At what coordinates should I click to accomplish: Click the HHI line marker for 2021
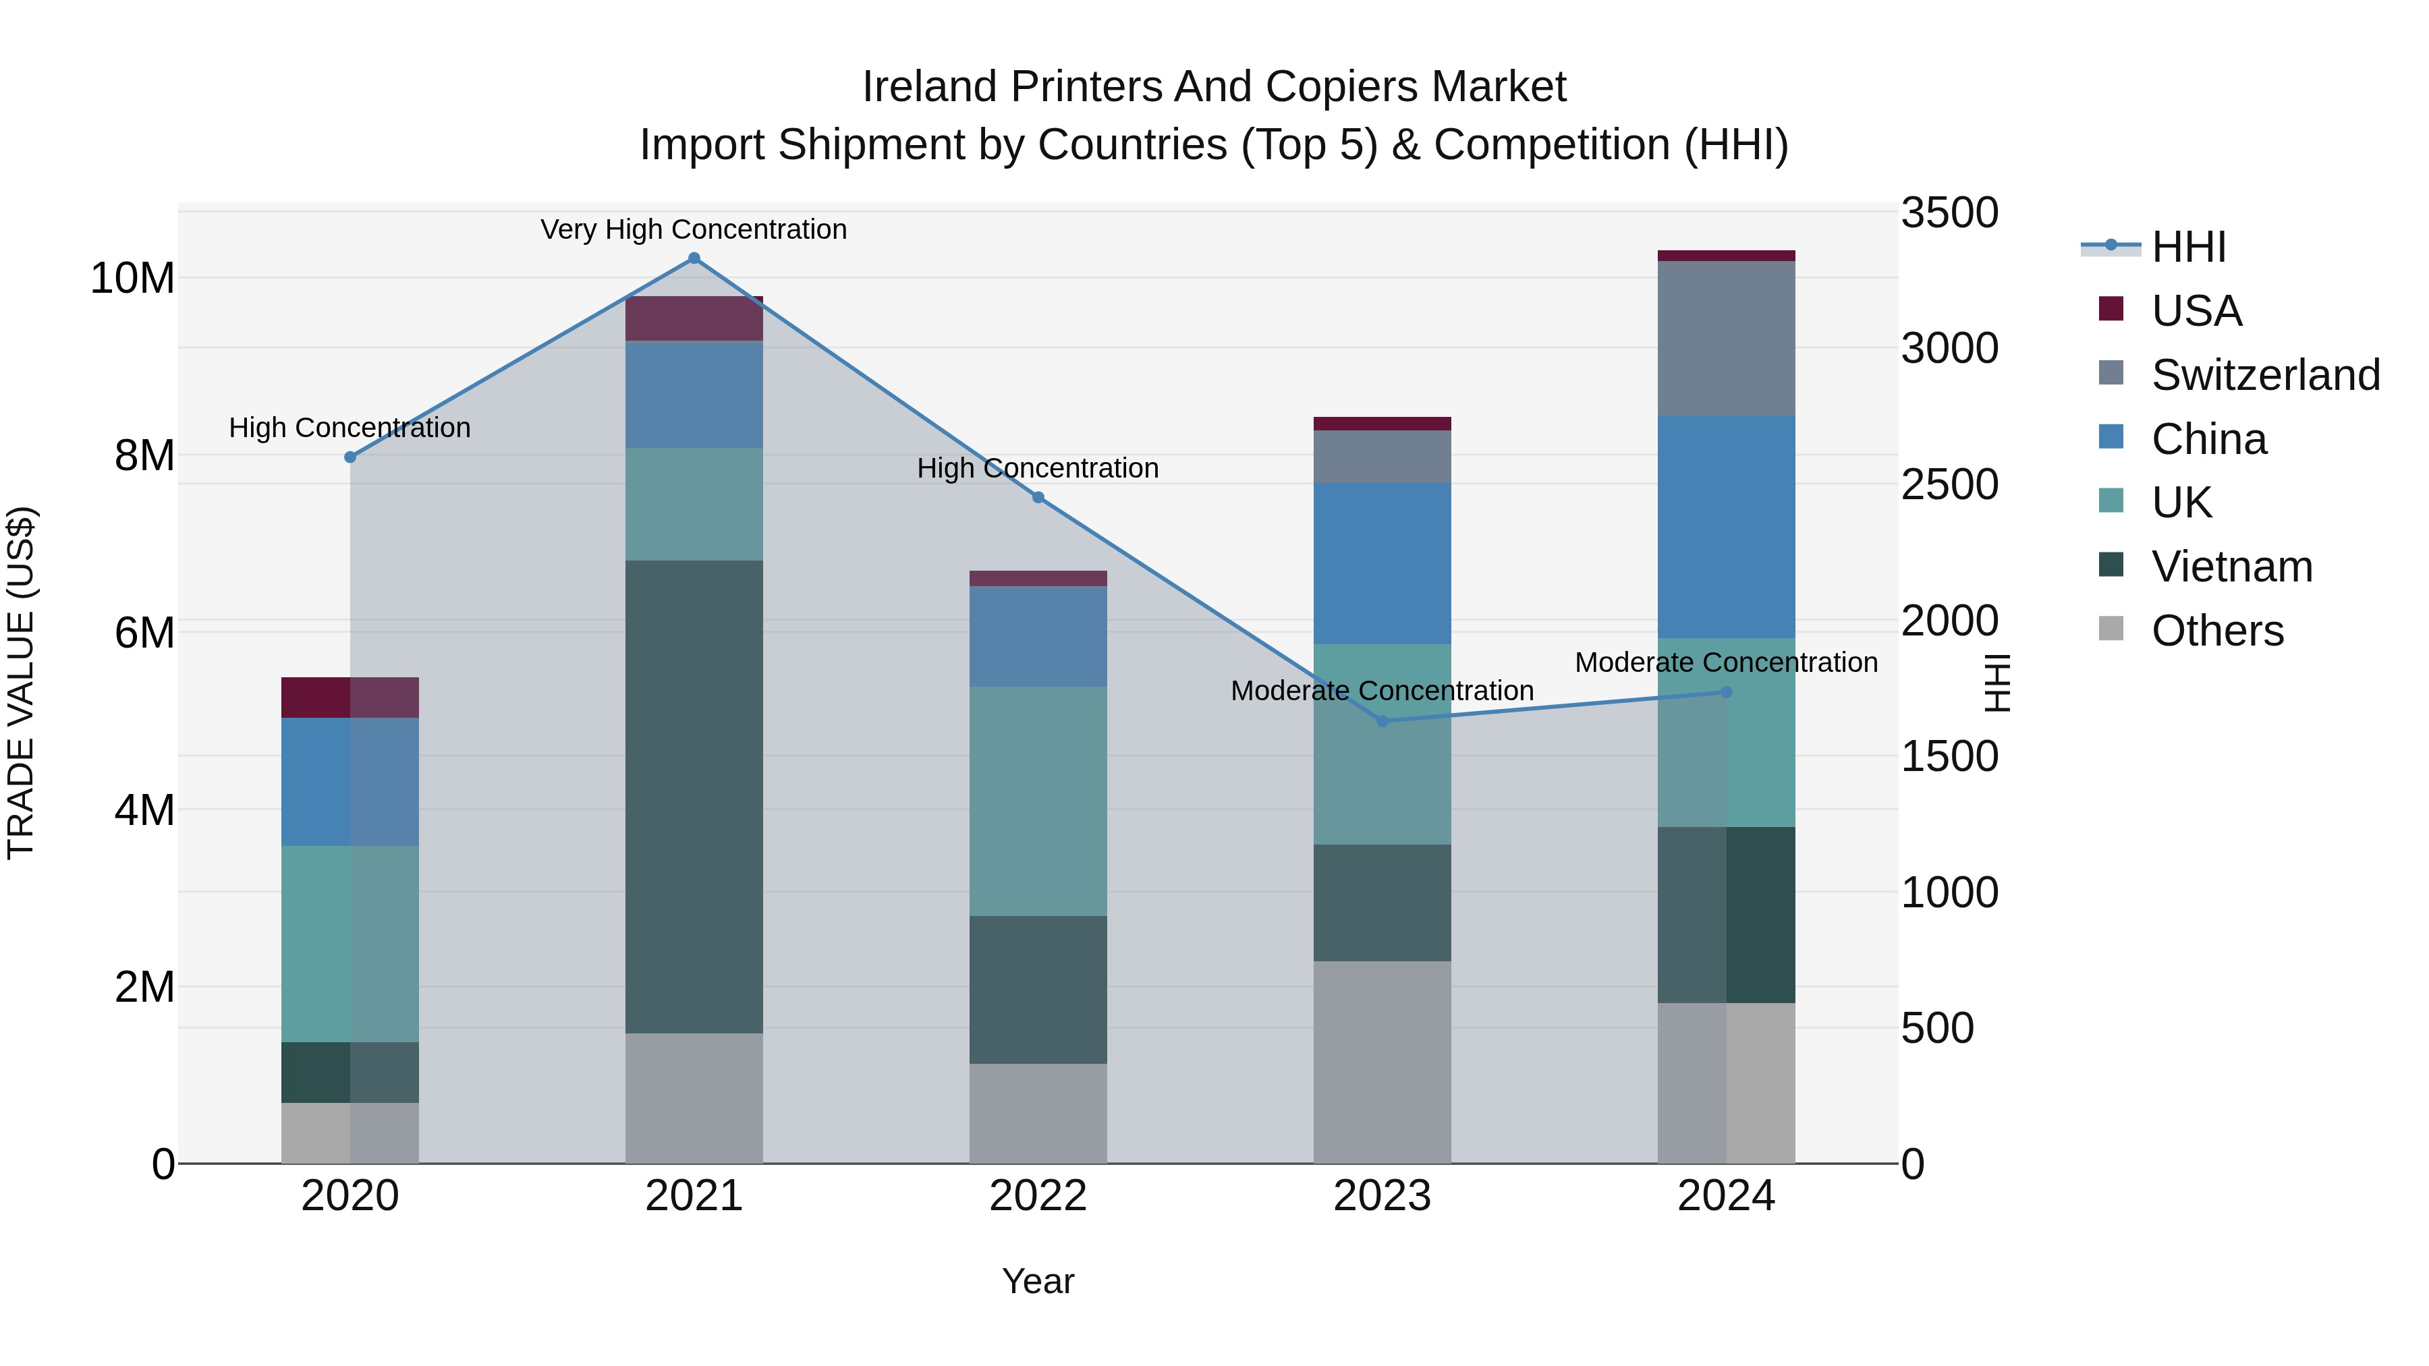(x=694, y=258)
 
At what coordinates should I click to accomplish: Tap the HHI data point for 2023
(x=1383, y=721)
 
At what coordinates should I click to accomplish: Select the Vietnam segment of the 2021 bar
(x=694, y=797)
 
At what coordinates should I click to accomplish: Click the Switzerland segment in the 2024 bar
(x=1727, y=337)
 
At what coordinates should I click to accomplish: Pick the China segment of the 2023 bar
(x=1383, y=564)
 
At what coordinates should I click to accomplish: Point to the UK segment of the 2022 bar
(x=1038, y=801)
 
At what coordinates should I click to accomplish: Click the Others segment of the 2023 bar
(x=1383, y=1062)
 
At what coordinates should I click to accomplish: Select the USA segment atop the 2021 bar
(x=694, y=318)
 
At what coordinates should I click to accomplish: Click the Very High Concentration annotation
(x=694, y=229)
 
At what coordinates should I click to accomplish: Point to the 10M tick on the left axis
(x=133, y=278)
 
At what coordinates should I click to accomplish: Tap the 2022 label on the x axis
(x=1038, y=1196)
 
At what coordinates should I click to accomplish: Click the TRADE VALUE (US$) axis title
(x=21, y=683)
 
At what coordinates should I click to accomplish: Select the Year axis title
(x=1038, y=1281)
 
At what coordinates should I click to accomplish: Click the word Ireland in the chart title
(x=930, y=87)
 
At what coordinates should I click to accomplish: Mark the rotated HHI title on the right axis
(x=1998, y=683)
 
